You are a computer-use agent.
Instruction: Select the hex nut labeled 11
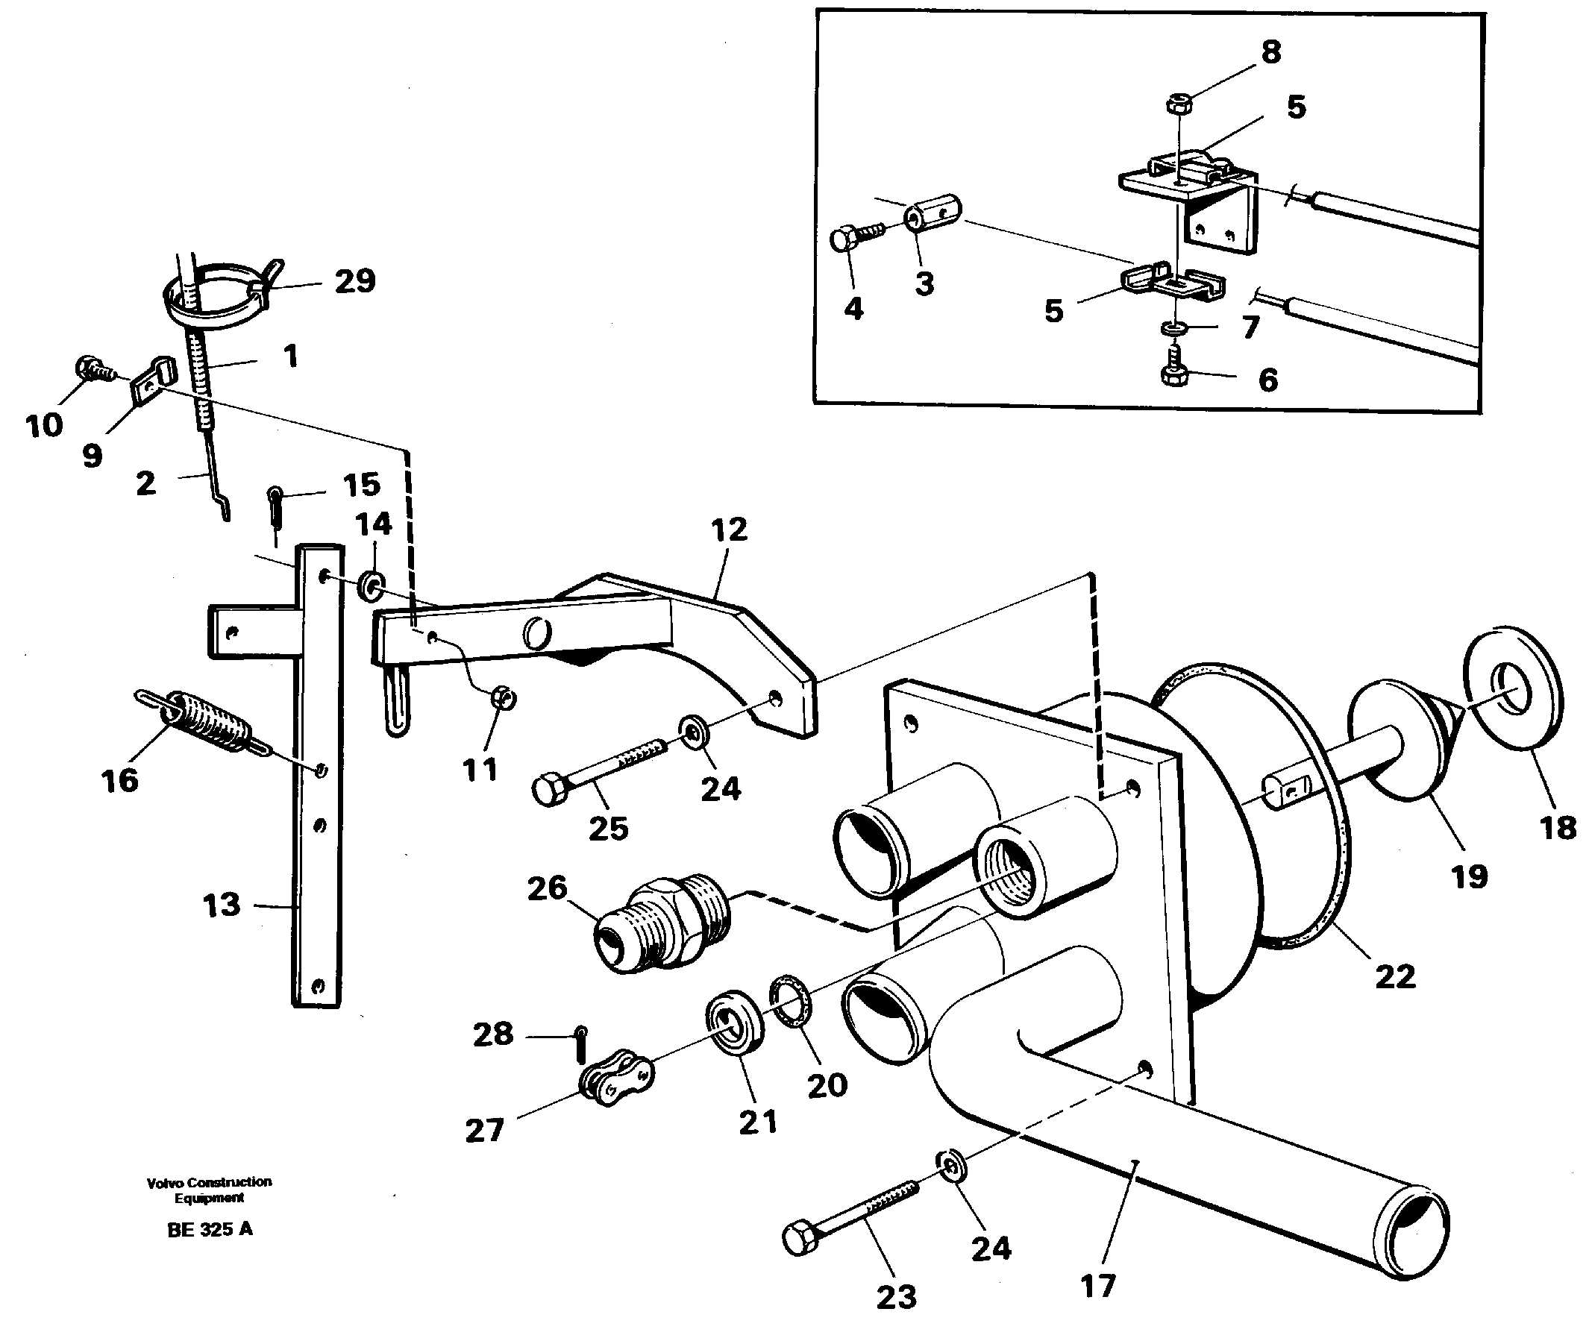pyautogui.click(x=504, y=697)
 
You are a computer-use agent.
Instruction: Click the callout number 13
pyautogui.click(x=221, y=906)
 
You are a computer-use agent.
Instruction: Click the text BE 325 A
pyautogui.click(x=210, y=1229)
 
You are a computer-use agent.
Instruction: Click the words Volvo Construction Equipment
pyautogui.click(x=210, y=1190)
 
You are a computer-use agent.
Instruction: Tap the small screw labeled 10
pyautogui.click(x=95, y=370)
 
